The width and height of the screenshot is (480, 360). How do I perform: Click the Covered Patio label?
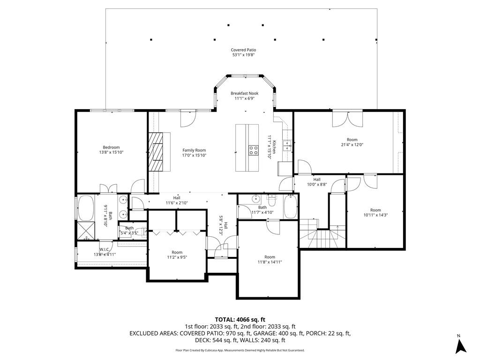click(x=243, y=52)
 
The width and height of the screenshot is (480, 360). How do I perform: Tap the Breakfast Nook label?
click(x=245, y=96)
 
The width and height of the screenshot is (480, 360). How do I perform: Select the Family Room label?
click(x=194, y=153)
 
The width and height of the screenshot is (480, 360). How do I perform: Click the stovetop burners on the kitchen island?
click(x=254, y=150)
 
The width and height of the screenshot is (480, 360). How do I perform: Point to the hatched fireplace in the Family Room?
click(x=156, y=152)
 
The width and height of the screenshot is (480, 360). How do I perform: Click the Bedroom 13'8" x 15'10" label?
click(x=111, y=150)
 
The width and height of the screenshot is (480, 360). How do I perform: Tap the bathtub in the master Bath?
click(x=86, y=208)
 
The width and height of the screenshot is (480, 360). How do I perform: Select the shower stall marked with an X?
click(x=86, y=231)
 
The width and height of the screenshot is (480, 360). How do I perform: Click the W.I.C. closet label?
click(x=105, y=252)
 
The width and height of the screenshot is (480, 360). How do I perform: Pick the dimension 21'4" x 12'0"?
click(x=352, y=145)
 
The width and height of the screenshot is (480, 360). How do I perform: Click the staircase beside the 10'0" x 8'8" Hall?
click(x=322, y=233)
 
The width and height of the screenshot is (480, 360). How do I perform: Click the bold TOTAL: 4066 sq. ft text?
click(x=240, y=320)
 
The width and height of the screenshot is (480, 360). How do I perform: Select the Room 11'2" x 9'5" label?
click(x=177, y=255)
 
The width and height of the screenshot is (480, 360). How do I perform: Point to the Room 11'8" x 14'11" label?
click(x=270, y=260)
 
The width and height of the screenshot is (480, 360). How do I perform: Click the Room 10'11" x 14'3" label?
click(x=375, y=212)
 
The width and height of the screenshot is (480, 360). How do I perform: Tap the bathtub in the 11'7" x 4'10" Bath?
click(x=290, y=207)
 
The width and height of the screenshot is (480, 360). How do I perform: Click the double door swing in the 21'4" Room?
click(x=348, y=120)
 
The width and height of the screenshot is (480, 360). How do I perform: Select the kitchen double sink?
click(x=287, y=146)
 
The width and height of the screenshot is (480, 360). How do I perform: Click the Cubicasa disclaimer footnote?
click(x=240, y=350)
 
